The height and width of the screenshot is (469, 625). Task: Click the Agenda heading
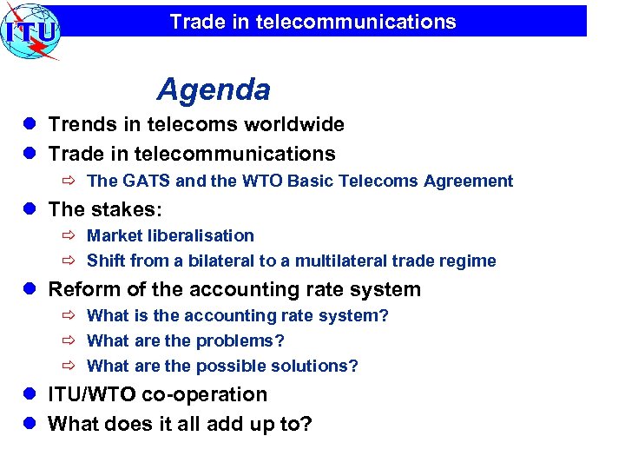214,89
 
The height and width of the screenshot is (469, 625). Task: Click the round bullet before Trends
29,125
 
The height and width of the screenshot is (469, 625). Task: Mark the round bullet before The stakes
29,210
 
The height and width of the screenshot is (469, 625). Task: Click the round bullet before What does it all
29,425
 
